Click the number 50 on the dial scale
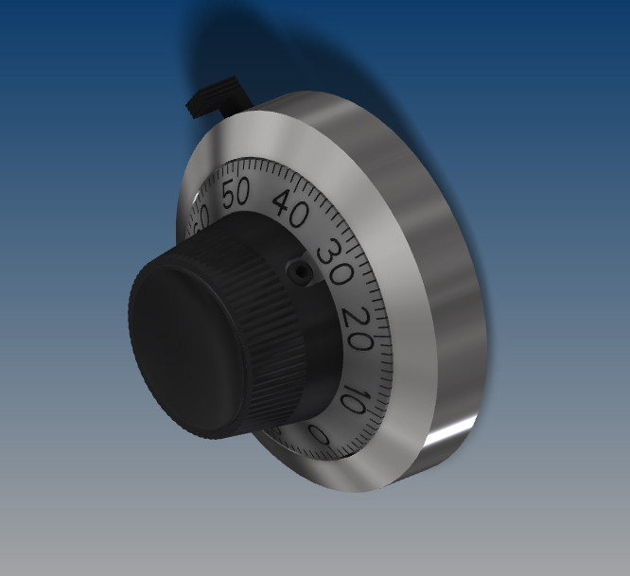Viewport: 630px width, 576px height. coord(235,192)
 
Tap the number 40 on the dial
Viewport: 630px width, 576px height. coord(290,210)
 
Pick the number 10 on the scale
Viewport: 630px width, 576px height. coord(349,397)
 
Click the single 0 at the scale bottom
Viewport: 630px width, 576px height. coord(320,436)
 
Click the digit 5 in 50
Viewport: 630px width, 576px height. coord(228,192)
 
